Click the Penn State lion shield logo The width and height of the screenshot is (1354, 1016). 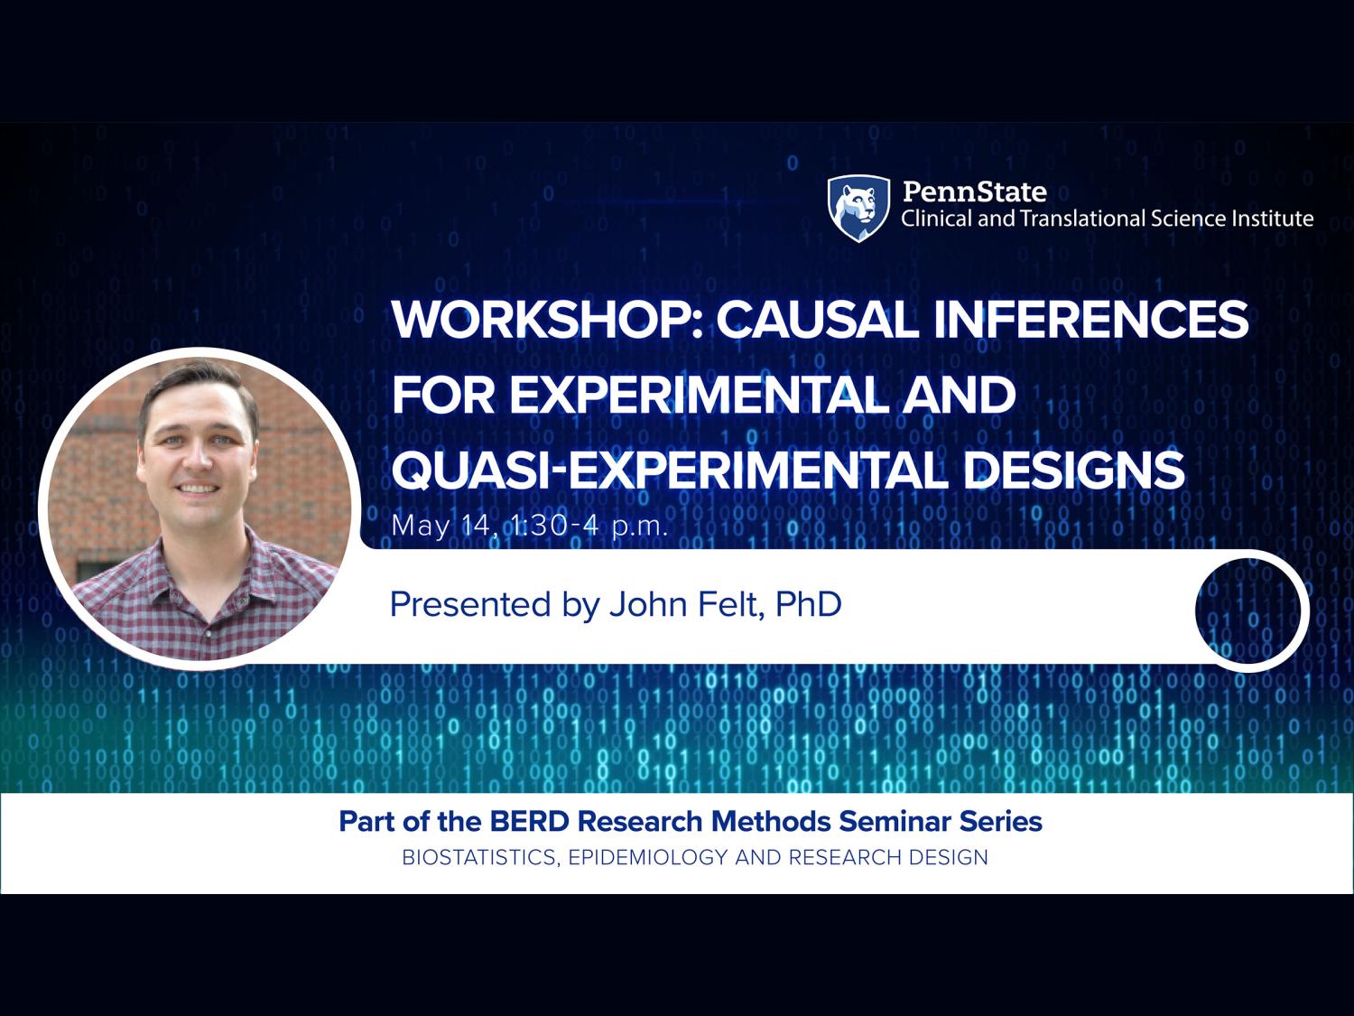click(x=858, y=208)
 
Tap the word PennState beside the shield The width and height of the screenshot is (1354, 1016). click(x=974, y=191)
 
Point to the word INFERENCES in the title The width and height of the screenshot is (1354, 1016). click(x=1091, y=320)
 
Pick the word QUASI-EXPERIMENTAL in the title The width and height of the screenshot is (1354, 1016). click(x=669, y=470)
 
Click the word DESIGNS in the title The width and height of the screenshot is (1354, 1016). click(x=1073, y=470)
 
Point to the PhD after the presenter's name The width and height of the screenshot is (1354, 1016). click(x=808, y=604)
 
